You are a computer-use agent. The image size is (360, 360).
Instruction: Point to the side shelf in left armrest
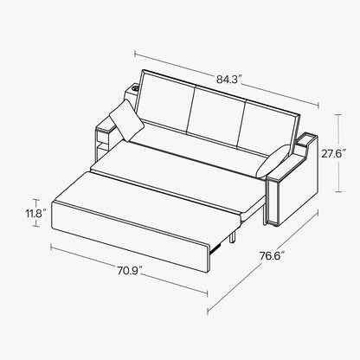[x=101, y=138]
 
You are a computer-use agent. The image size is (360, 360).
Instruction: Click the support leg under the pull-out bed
[x=233, y=233]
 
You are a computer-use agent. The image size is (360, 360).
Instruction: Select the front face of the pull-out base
[x=130, y=228]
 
